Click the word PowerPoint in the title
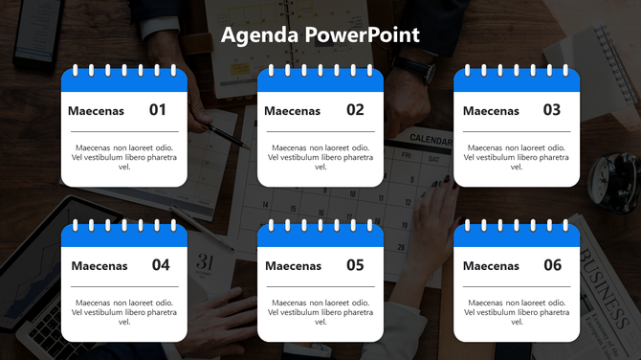(x=363, y=35)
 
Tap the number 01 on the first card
(x=158, y=110)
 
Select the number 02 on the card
(x=355, y=110)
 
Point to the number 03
(x=551, y=110)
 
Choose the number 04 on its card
(x=160, y=265)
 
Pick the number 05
(x=355, y=265)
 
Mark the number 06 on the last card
(x=552, y=265)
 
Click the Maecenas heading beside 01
(x=96, y=111)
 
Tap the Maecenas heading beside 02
(x=292, y=111)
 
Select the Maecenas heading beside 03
(x=491, y=111)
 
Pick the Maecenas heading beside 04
(x=99, y=266)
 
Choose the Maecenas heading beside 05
(x=293, y=266)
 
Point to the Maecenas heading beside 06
(x=491, y=266)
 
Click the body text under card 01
(x=124, y=157)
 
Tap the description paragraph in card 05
(x=320, y=312)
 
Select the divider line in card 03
(x=517, y=131)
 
